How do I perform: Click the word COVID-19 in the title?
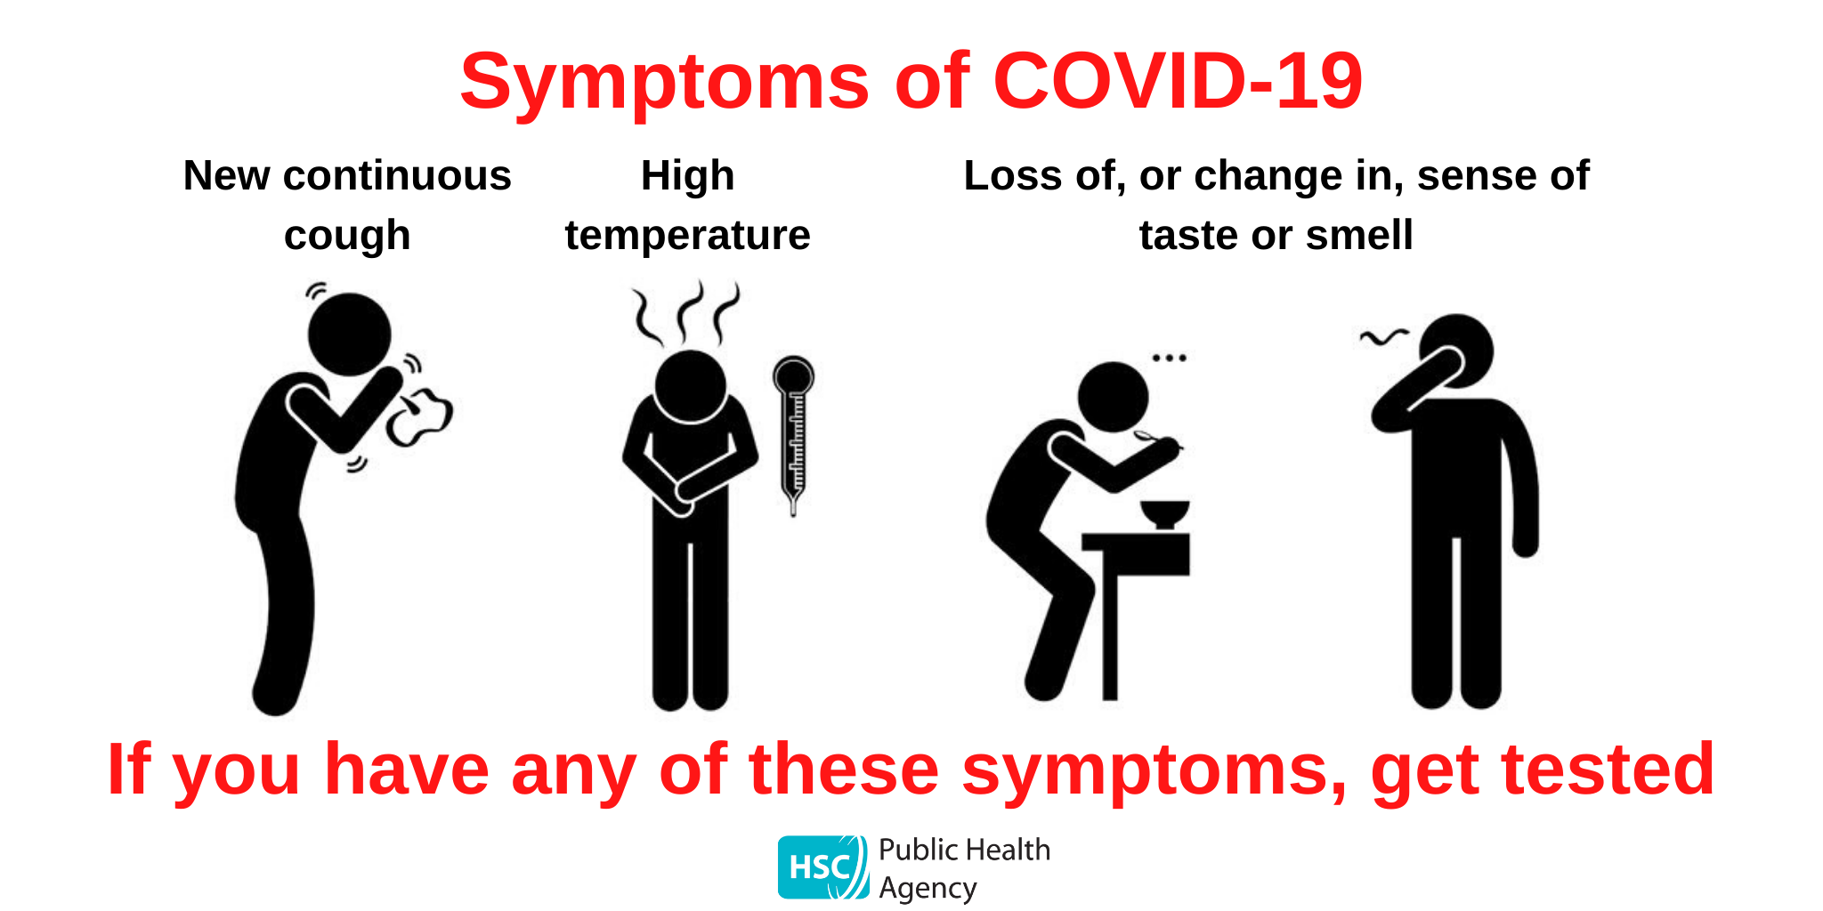(1177, 82)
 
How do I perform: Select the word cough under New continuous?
(347, 237)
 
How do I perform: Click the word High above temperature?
(687, 176)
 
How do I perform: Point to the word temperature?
(687, 236)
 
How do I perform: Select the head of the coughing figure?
(349, 334)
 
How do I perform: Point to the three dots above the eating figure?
(1169, 358)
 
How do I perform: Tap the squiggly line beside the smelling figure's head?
(1383, 336)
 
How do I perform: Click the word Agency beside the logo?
(928, 888)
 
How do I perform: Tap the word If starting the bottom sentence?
(127, 770)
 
